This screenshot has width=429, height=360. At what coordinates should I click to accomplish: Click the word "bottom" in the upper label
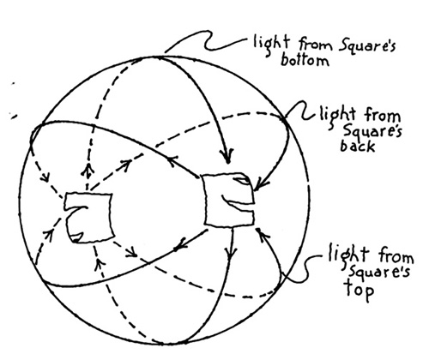[x=305, y=60]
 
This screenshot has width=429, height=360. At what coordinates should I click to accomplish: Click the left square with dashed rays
[x=88, y=218]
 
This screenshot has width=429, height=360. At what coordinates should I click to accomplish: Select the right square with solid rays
[x=229, y=200]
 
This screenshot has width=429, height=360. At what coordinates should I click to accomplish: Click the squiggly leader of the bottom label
[x=207, y=40]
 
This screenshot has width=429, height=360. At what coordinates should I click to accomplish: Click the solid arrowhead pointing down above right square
[x=227, y=157]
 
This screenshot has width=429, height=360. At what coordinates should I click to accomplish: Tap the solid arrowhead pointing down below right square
[x=231, y=254]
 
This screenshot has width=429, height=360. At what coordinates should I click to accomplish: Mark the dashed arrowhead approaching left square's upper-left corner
[x=45, y=177]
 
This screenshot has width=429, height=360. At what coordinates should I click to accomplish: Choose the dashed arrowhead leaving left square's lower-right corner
[x=132, y=252]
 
